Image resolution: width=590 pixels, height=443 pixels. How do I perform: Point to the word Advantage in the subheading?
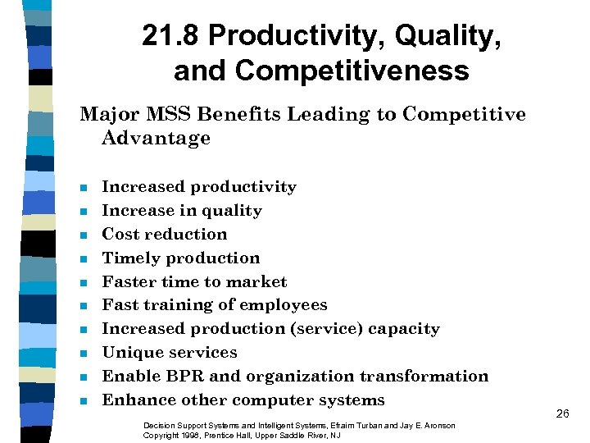pos(156,138)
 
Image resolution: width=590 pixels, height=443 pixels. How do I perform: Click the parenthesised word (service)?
pos(321,329)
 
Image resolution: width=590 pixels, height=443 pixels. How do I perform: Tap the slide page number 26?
pos(562,413)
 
